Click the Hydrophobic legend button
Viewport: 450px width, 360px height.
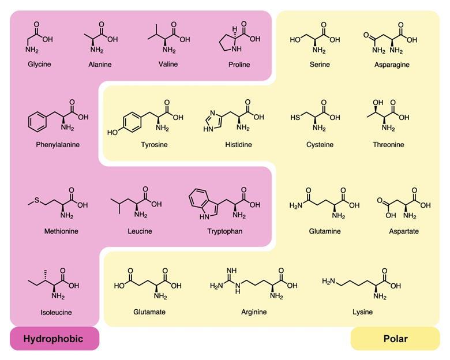tap(55, 339)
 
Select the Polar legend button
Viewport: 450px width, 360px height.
tap(395, 339)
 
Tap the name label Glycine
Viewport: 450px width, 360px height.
tap(39, 64)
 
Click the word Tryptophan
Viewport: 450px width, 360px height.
tap(225, 231)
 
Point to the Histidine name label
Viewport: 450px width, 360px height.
tap(238, 144)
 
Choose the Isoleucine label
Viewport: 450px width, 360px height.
tap(57, 312)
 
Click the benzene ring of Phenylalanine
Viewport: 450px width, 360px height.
tap(37, 122)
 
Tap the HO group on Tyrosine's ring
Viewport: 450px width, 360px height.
tap(112, 132)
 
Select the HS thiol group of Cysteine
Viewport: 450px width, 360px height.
tap(295, 117)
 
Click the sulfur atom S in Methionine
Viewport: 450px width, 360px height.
tap(37, 200)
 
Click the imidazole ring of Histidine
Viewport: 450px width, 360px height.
tap(213, 121)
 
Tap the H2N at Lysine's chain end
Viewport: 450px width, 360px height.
tap(328, 281)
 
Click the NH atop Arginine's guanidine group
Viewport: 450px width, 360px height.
tap(231, 271)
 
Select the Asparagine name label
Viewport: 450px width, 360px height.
tap(392, 64)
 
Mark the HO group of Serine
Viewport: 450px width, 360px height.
tap(295, 40)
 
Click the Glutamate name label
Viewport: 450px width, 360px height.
tap(149, 312)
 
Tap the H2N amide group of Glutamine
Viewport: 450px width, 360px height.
tap(295, 205)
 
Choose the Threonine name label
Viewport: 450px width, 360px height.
tap(388, 144)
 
